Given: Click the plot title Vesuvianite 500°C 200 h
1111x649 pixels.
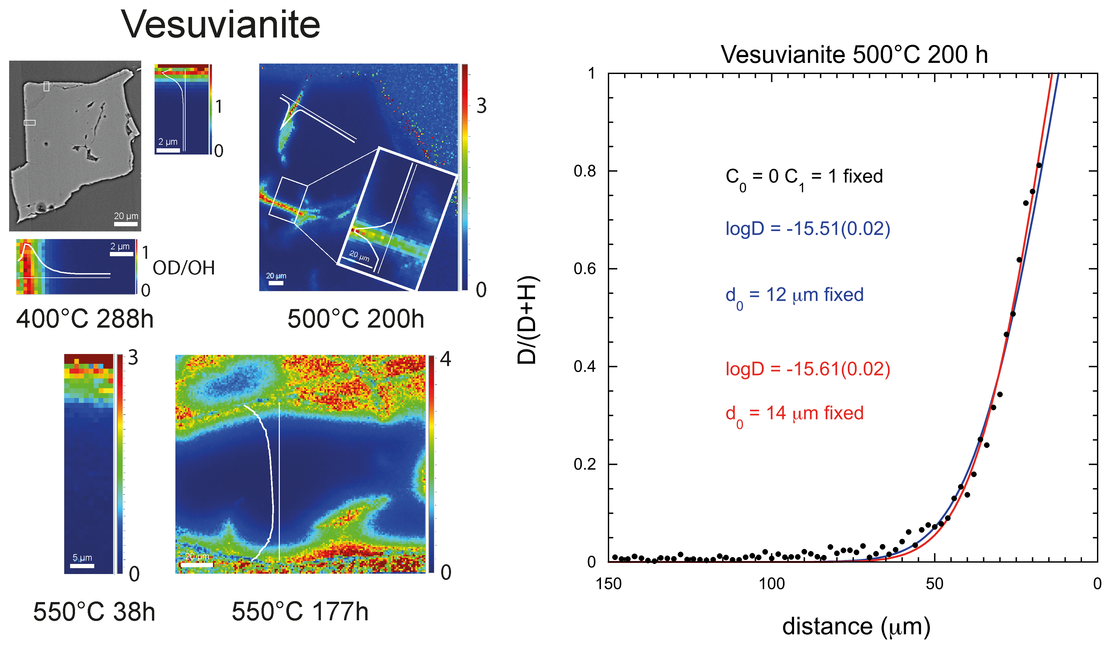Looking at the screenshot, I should (854, 55).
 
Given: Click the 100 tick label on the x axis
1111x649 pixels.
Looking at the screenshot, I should (772, 584).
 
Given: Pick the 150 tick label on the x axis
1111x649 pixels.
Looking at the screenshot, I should (609, 584).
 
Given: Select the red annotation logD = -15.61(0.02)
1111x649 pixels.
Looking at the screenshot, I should (808, 369).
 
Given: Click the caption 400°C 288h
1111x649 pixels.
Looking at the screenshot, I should (85, 319).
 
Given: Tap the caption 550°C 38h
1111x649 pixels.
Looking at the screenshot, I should (94, 612).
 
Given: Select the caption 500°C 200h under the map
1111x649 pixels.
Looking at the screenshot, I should (355, 319).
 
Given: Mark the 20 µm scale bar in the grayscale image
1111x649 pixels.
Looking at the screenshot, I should (126, 224).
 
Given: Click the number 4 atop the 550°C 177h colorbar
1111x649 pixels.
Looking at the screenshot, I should (445, 359).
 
